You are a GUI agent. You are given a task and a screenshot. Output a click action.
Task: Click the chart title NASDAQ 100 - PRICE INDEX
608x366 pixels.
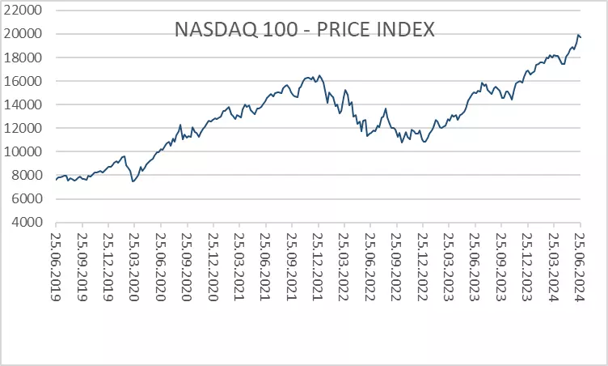tap(305, 30)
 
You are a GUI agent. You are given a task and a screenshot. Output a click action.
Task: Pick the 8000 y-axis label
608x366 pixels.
tap(28, 175)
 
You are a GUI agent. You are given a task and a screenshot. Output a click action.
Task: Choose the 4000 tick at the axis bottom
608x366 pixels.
tap(28, 222)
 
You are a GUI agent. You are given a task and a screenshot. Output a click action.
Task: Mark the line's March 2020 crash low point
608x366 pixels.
tap(133, 181)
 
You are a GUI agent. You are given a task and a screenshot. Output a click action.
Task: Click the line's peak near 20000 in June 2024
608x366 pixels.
tap(577, 36)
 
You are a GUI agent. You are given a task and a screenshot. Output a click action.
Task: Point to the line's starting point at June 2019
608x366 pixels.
tap(56, 179)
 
